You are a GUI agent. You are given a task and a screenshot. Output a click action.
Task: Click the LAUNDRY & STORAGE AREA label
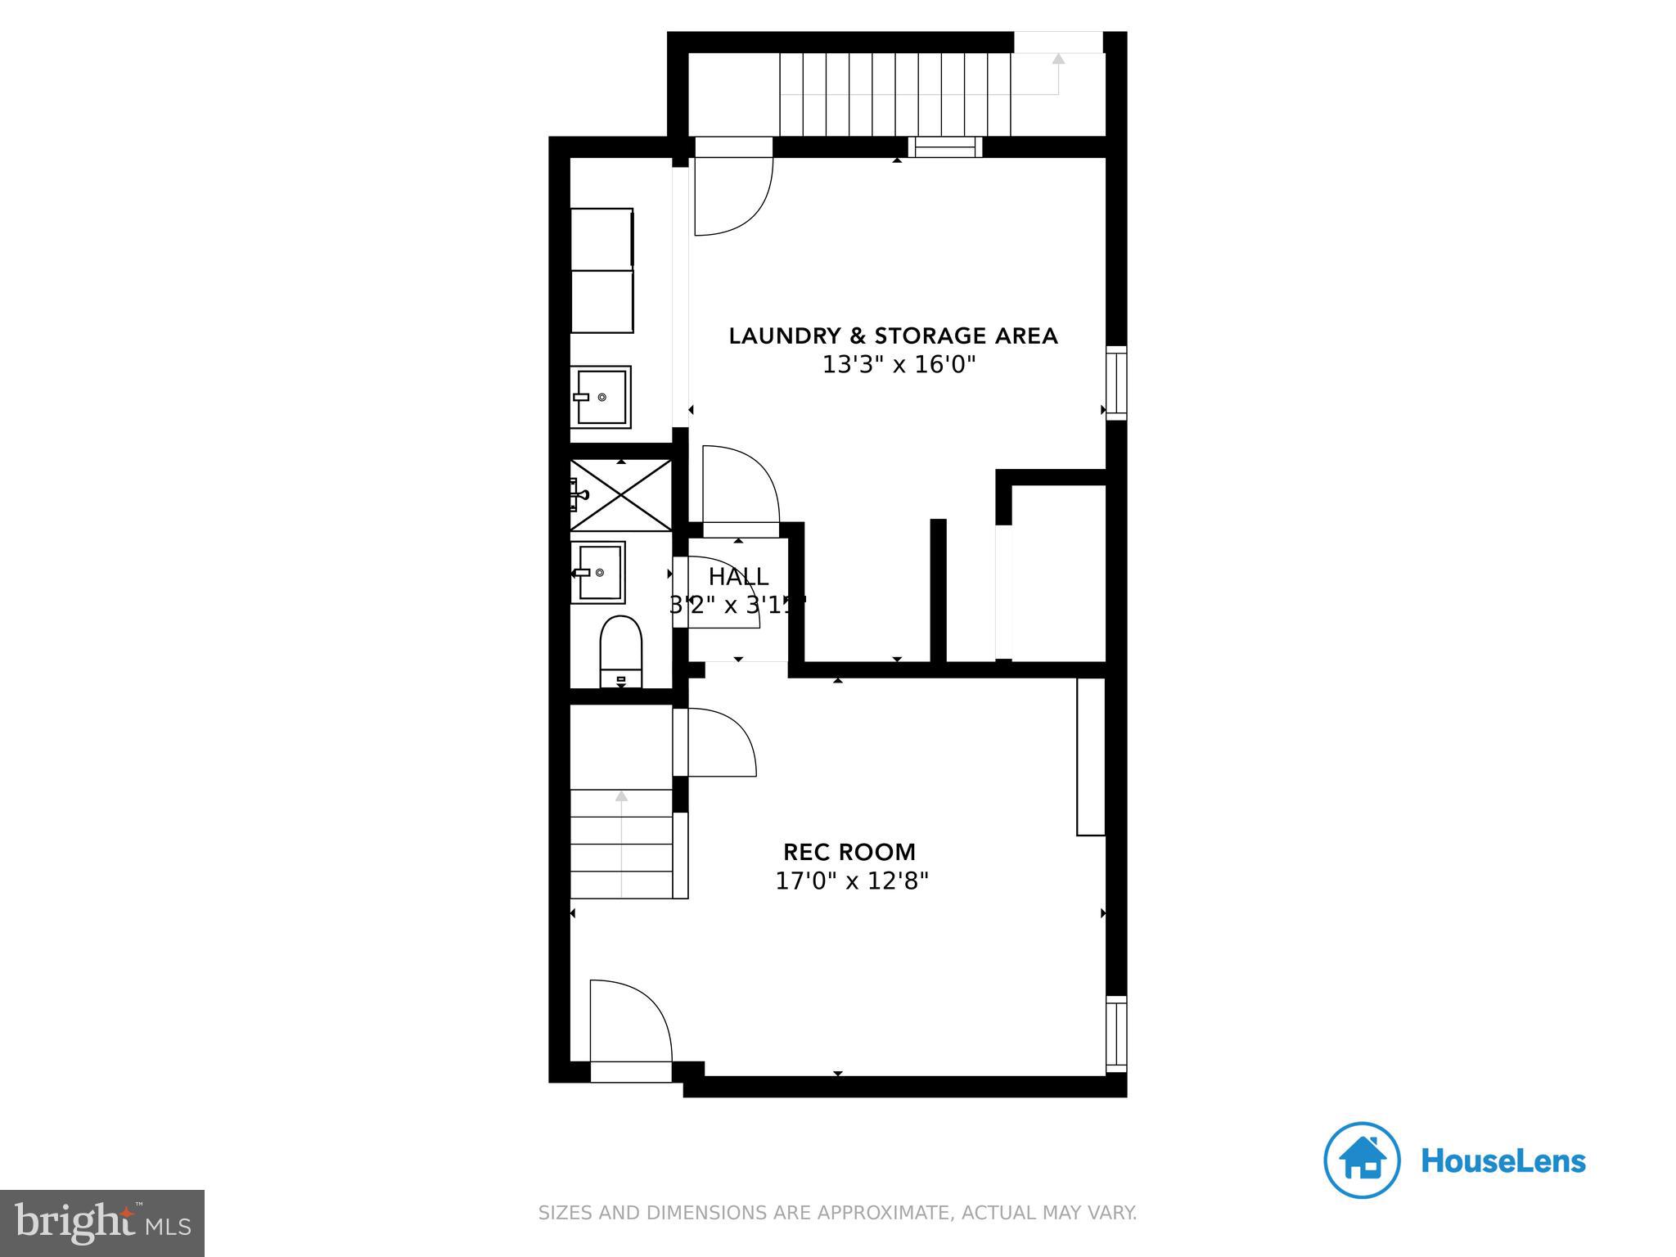[x=893, y=336]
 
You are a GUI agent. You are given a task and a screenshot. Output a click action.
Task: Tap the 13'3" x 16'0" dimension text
[x=899, y=365]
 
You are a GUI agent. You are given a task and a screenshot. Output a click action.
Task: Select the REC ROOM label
[x=849, y=852]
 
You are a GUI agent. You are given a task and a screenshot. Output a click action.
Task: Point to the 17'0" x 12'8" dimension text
[x=851, y=881]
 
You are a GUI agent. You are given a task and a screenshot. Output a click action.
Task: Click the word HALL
[x=738, y=577]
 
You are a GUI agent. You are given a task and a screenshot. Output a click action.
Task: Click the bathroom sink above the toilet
[x=599, y=572]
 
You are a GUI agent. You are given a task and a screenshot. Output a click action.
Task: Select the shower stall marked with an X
[x=621, y=495]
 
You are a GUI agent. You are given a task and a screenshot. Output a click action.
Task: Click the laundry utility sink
[x=601, y=397]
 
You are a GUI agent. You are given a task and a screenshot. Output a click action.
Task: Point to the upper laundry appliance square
[x=602, y=238]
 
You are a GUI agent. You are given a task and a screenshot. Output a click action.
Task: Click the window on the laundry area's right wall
[x=1116, y=383]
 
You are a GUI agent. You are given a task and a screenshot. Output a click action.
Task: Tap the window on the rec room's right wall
[x=1116, y=1034]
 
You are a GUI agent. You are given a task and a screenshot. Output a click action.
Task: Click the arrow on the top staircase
[x=1058, y=60]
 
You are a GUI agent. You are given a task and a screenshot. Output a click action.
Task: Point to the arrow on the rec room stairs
[x=621, y=795]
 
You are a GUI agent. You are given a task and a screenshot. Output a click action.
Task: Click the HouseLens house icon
[x=1362, y=1160]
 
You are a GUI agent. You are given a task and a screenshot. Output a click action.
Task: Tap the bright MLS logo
[x=101, y=1223]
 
